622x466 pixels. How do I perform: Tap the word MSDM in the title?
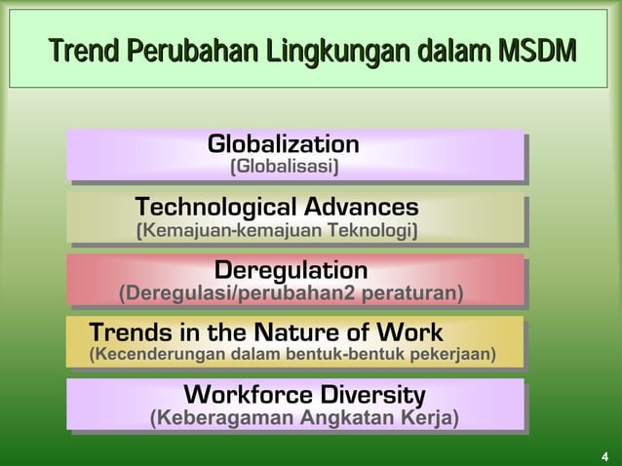pyautogui.click(x=533, y=50)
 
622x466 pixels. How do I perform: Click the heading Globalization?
pyautogui.click(x=283, y=145)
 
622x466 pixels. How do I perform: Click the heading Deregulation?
pyautogui.click(x=291, y=269)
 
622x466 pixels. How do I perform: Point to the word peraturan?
pyautogui.click(x=408, y=292)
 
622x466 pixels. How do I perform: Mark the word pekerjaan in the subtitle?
pyautogui.click(x=454, y=352)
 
